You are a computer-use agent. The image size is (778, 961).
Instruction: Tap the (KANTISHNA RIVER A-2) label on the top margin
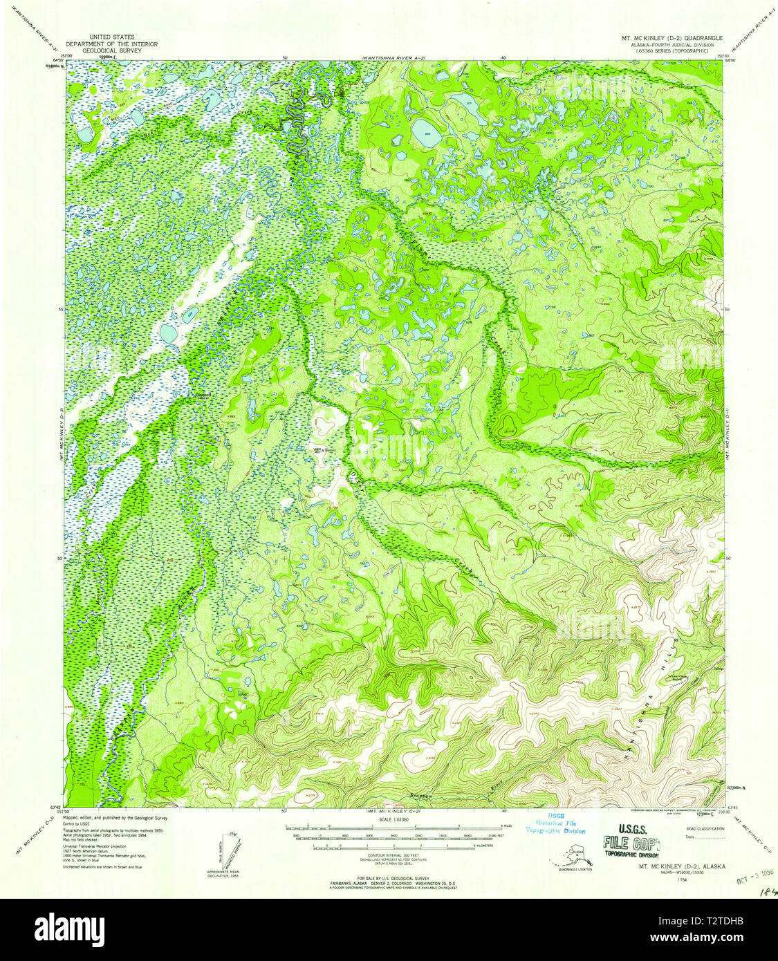pos(393,59)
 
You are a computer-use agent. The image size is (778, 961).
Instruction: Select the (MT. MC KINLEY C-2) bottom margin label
pos(393,810)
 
